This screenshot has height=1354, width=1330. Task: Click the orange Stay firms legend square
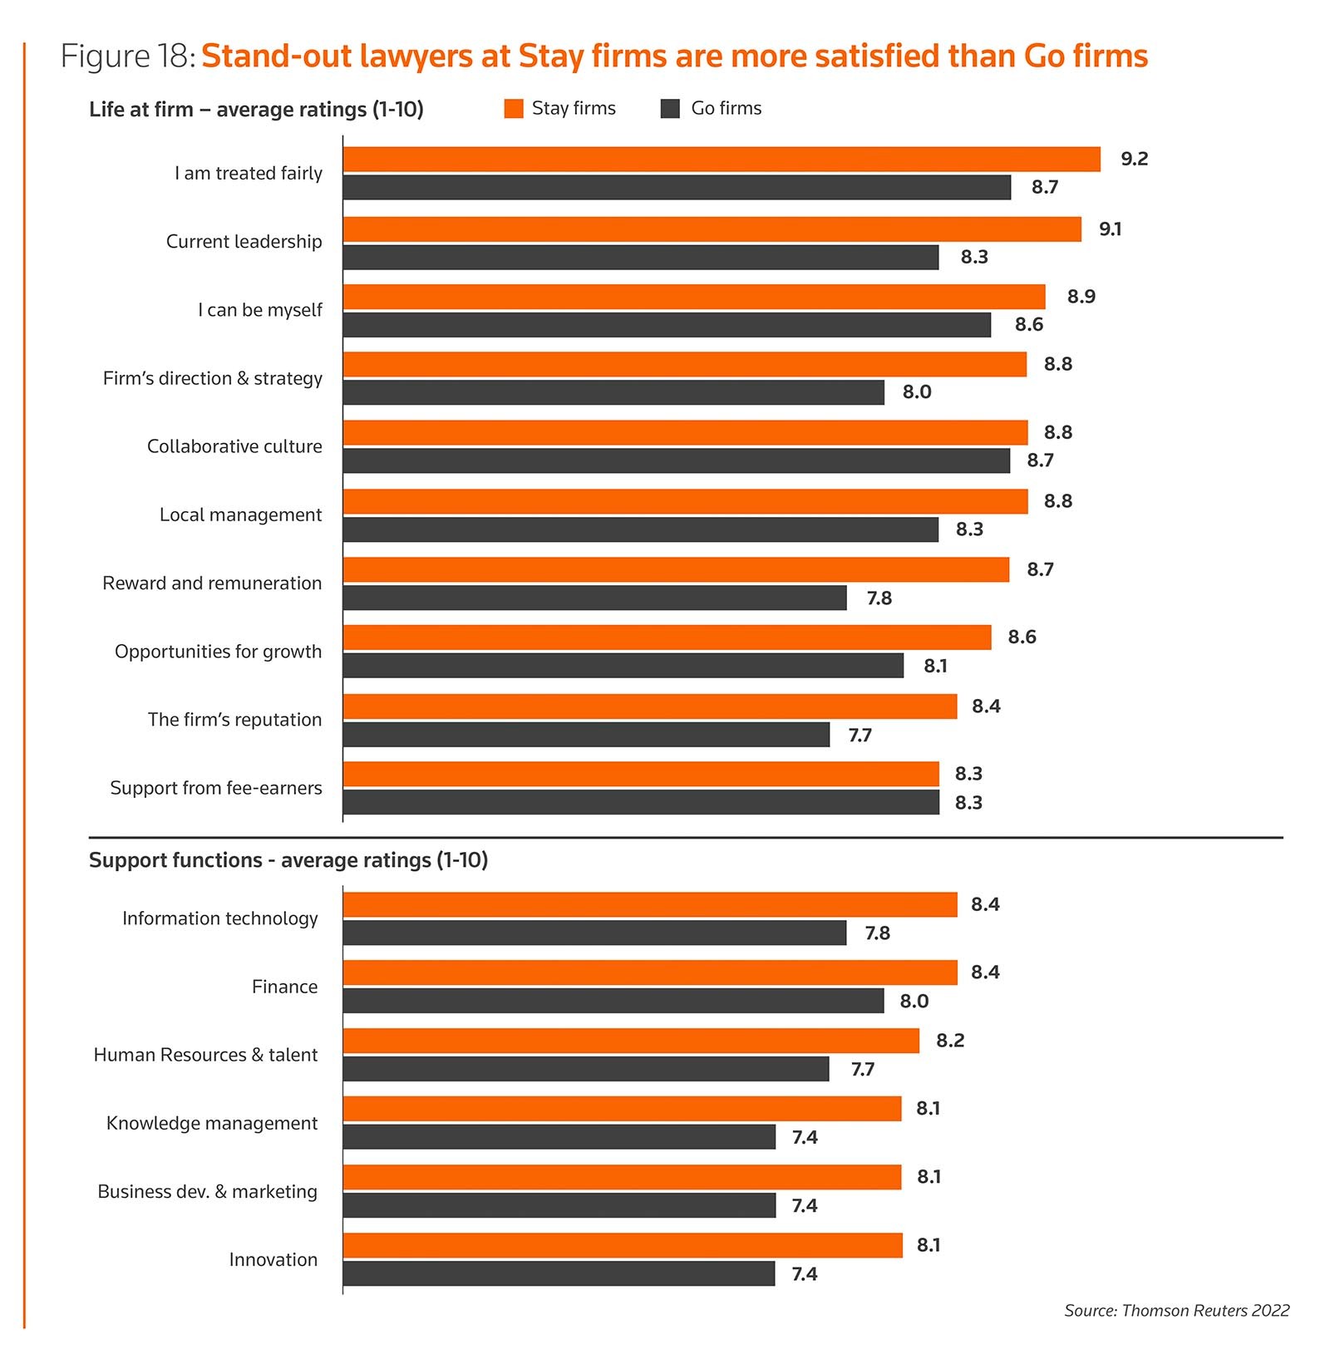[514, 109]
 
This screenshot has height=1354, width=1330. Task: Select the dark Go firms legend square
[670, 109]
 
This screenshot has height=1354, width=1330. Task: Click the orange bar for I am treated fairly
[722, 160]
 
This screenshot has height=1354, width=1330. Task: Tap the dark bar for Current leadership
[640, 258]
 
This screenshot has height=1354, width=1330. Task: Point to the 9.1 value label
[1110, 229]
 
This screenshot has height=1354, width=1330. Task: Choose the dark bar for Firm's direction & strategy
[613, 392]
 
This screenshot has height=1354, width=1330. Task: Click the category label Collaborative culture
[234, 446]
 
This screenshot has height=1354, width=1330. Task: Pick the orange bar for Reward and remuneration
[676, 570]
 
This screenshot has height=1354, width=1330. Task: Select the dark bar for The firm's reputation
[586, 735]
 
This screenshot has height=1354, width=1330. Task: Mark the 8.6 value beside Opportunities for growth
[1022, 638]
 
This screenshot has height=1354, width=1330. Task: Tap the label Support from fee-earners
[216, 788]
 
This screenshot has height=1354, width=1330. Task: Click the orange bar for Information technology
[650, 904]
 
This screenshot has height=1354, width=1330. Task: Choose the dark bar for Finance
[613, 1001]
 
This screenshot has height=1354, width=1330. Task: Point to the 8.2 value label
[950, 1041]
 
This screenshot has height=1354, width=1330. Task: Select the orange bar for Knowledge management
[622, 1109]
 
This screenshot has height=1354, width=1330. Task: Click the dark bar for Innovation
[559, 1273]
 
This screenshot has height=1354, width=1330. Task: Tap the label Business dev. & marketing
[208, 1192]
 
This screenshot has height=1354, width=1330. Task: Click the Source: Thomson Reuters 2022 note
[1176, 1311]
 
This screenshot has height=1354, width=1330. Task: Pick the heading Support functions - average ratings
[288, 860]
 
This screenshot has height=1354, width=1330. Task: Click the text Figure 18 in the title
[127, 57]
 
